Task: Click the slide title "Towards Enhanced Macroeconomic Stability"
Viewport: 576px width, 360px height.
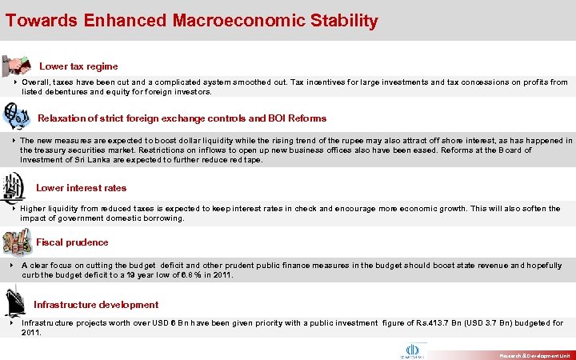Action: [x=191, y=21]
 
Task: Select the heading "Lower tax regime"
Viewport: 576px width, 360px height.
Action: [x=78, y=66]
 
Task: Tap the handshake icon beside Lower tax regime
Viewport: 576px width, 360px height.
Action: [x=17, y=65]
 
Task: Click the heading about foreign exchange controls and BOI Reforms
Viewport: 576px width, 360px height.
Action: [x=182, y=118]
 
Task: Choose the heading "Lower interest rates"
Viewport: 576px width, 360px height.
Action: [x=81, y=188]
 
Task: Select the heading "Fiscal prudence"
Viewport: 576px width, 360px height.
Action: [x=72, y=242]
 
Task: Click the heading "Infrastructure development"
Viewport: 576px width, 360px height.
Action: [x=96, y=305]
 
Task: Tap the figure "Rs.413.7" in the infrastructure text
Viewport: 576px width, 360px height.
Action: [x=429, y=323]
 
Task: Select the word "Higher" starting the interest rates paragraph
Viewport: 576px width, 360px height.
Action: [x=34, y=209]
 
